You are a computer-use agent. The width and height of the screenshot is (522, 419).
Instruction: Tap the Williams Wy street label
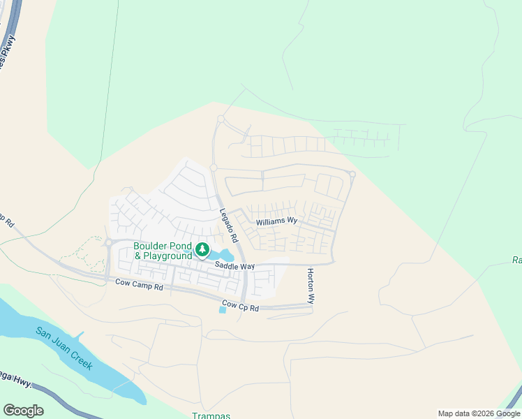[x=276, y=221]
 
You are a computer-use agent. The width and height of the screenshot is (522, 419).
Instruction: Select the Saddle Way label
[x=234, y=266]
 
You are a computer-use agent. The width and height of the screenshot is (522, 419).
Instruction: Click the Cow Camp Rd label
[x=139, y=285]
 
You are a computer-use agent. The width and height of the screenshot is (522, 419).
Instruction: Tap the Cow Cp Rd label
[x=240, y=306]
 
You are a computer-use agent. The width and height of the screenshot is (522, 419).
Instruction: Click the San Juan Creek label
[x=68, y=348]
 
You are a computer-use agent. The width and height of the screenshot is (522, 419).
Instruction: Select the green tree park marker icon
[x=202, y=249]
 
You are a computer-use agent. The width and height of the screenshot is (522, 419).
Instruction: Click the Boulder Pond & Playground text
[x=163, y=251]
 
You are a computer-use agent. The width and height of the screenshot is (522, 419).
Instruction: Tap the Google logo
[x=23, y=411]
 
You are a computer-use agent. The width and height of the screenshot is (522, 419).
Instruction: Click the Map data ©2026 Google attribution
[x=479, y=413]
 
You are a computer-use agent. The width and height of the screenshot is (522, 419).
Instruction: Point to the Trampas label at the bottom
[x=211, y=416]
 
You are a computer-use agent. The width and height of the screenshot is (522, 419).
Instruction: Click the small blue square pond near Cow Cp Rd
[x=223, y=309]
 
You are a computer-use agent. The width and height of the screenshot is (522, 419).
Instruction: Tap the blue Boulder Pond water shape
[x=225, y=256]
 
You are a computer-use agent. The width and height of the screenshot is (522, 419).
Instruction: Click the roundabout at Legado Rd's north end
[x=221, y=119]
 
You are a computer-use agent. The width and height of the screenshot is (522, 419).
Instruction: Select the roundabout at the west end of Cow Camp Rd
[x=108, y=243]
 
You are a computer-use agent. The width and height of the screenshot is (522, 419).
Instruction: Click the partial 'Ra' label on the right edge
[x=516, y=260]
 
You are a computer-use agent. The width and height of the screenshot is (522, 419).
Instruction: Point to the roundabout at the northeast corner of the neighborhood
[x=352, y=175]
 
